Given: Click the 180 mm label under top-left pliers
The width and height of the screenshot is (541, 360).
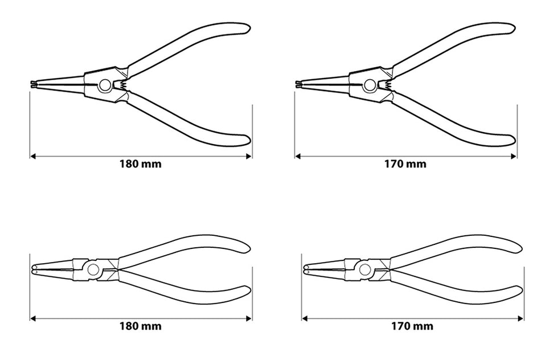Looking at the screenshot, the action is [x=141, y=163].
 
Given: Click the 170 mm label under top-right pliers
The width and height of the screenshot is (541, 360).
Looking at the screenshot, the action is [x=405, y=163].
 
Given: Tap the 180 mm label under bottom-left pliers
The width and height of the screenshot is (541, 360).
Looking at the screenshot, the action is [x=141, y=326].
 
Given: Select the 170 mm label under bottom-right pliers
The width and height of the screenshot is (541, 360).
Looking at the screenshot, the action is [x=412, y=326].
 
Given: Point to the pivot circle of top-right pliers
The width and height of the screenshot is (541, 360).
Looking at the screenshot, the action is [x=370, y=85].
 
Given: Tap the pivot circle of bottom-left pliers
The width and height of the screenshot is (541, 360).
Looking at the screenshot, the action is [x=92, y=269].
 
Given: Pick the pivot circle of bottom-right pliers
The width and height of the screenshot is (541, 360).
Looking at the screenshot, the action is [x=364, y=269].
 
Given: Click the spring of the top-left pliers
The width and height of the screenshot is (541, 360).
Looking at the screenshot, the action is [x=121, y=84].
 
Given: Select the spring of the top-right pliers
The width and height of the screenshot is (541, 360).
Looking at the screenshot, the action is [x=387, y=84].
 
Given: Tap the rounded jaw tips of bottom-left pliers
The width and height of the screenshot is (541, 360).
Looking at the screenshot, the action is [x=34, y=269].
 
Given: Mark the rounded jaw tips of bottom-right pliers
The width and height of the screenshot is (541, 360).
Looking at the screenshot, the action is [x=306, y=269].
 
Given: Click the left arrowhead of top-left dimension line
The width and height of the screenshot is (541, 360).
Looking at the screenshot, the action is [x=33, y=156].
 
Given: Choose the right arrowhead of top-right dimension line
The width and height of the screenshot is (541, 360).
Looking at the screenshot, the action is [x=514, y=156].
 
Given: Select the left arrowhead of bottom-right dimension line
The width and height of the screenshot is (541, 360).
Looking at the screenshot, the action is [x=305, y=318].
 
